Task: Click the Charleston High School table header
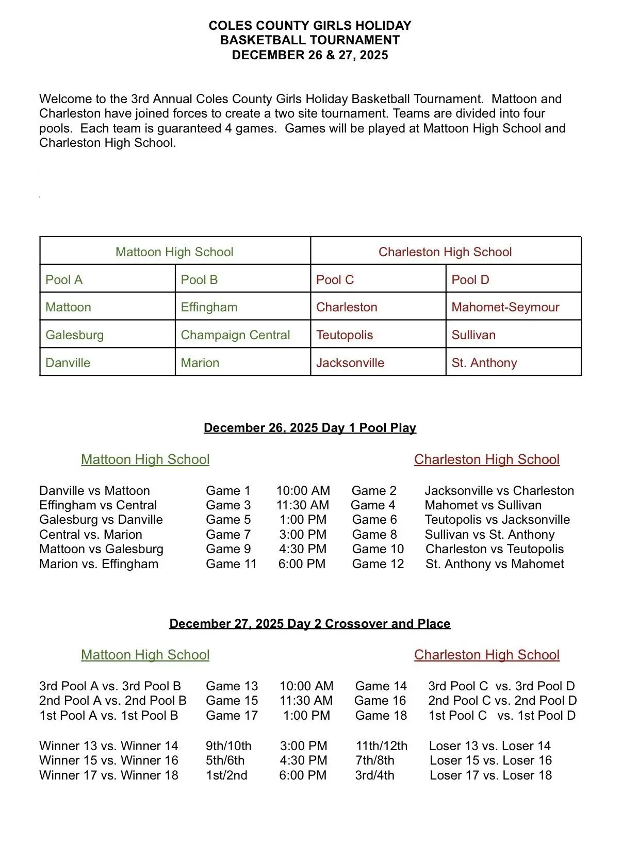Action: pos(445,252)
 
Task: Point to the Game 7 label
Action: pos(228,535)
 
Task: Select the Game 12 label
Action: pos(378,564)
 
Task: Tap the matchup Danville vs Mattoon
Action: pos(94,491)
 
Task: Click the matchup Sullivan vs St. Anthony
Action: pos(489,535)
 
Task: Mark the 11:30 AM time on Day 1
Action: pos(303,505)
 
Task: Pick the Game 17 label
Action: pos(232,716)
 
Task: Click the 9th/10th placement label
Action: pos(228,746)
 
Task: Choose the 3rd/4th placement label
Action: pos(374,775)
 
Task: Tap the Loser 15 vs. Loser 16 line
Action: pos(490,760)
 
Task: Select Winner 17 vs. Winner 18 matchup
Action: pos(109,775)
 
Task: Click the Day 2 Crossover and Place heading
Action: pos(309,624)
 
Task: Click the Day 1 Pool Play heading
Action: pos(309,428)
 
